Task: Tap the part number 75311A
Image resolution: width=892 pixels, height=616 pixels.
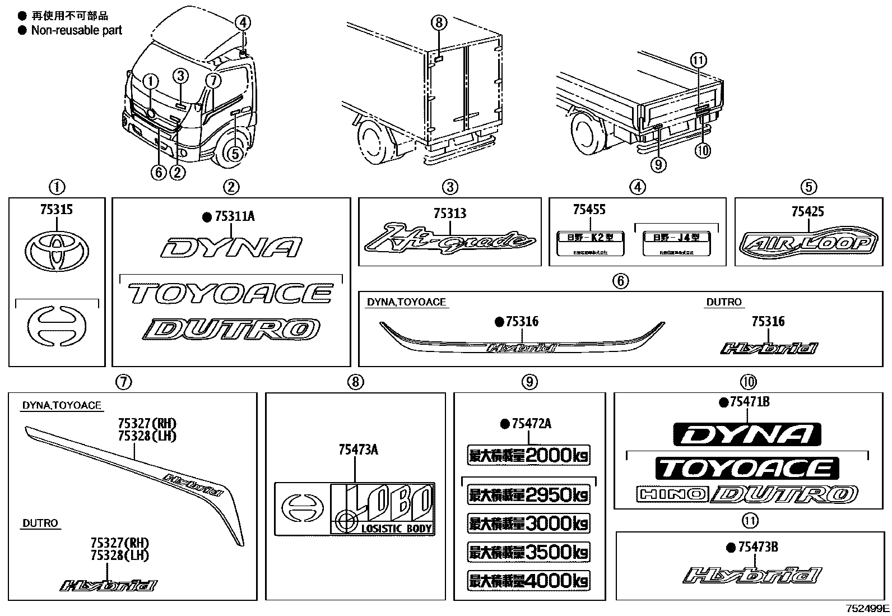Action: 234,216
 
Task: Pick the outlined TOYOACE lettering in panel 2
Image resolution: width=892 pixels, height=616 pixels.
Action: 230,293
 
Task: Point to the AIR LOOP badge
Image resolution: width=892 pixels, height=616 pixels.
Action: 808,244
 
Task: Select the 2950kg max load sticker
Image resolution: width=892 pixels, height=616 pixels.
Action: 528,494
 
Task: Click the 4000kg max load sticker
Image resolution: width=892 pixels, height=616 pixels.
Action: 528,580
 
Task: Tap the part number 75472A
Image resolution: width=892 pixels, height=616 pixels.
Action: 531,424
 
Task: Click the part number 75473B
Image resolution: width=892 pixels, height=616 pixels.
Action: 758,547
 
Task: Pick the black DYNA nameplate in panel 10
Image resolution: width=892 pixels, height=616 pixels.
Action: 747,434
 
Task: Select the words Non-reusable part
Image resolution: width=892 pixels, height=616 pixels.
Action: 77,30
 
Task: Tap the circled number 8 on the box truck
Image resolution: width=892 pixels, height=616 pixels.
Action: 439,23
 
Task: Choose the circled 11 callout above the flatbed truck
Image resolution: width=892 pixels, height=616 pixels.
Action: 699,60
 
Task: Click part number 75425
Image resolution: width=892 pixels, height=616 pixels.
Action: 807,211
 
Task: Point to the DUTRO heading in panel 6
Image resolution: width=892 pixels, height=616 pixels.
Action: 723,302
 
